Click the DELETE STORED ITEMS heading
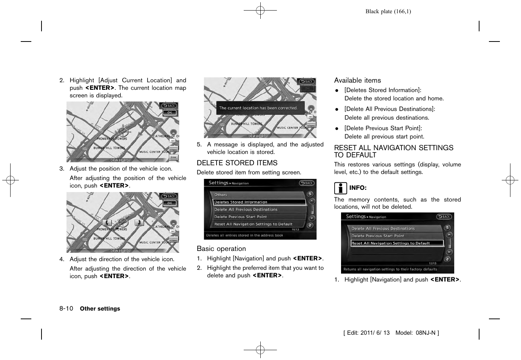[237, 163]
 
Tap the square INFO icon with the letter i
[340, 188]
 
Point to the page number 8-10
[66, 308]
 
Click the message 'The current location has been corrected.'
[258, 108]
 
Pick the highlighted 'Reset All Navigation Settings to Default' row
[392, 243]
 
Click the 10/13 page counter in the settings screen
[295, 229]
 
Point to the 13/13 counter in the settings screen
[432, 263]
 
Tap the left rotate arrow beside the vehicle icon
[107, 223]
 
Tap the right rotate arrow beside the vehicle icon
[139, 223]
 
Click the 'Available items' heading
[357, 80]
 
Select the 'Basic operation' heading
[221, 249]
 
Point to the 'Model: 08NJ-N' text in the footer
[417, 333]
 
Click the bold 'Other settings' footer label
[100, 309]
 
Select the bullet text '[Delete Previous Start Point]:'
[383, 128]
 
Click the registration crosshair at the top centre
[260, 11]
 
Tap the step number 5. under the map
[199, 145]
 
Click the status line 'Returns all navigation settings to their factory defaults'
[390, 269]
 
